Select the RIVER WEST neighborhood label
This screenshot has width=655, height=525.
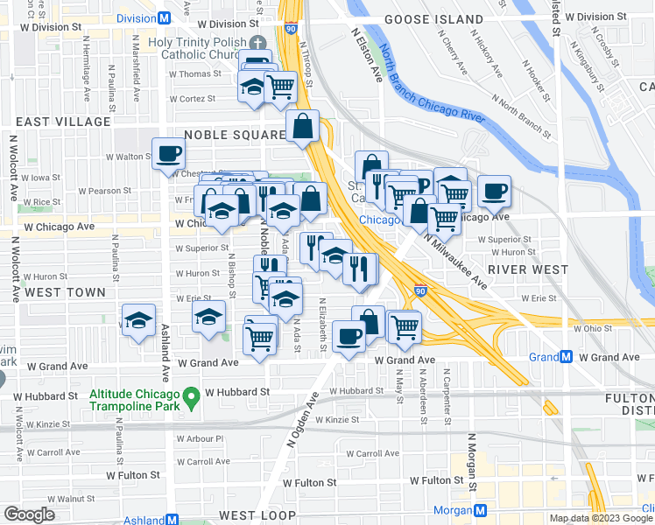(530, 269)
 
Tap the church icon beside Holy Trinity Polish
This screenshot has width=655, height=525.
(257, 43)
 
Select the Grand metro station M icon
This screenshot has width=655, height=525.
(566, 357)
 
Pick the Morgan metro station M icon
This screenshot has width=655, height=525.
(481, 510)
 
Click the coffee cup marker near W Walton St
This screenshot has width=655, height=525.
(169, 154)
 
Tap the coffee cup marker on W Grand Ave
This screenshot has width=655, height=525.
(349, 336)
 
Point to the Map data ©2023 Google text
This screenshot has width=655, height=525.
(600, 518)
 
